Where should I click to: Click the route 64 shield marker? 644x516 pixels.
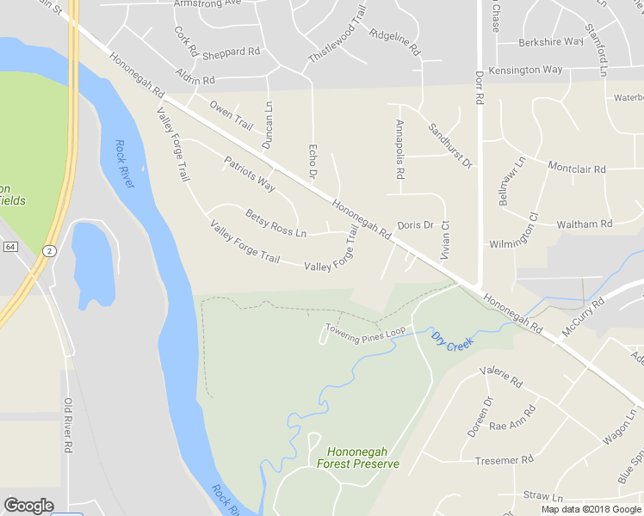[x=9, y=247]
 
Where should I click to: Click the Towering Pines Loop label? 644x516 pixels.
[x=365, y=330]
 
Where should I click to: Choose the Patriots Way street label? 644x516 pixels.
[x=250, y=174]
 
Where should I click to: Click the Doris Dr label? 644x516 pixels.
[x=415, y=225]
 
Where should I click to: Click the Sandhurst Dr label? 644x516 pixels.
[x=451, y=144]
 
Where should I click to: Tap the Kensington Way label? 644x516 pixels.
[x=525, y=70]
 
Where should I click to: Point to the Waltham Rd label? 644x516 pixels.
[x=584, y=224]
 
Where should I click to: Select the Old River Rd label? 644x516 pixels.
[x=67, y=426]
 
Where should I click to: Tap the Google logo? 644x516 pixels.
[x=28, y=506]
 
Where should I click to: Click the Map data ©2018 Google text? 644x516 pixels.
[x=591, y=509]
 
